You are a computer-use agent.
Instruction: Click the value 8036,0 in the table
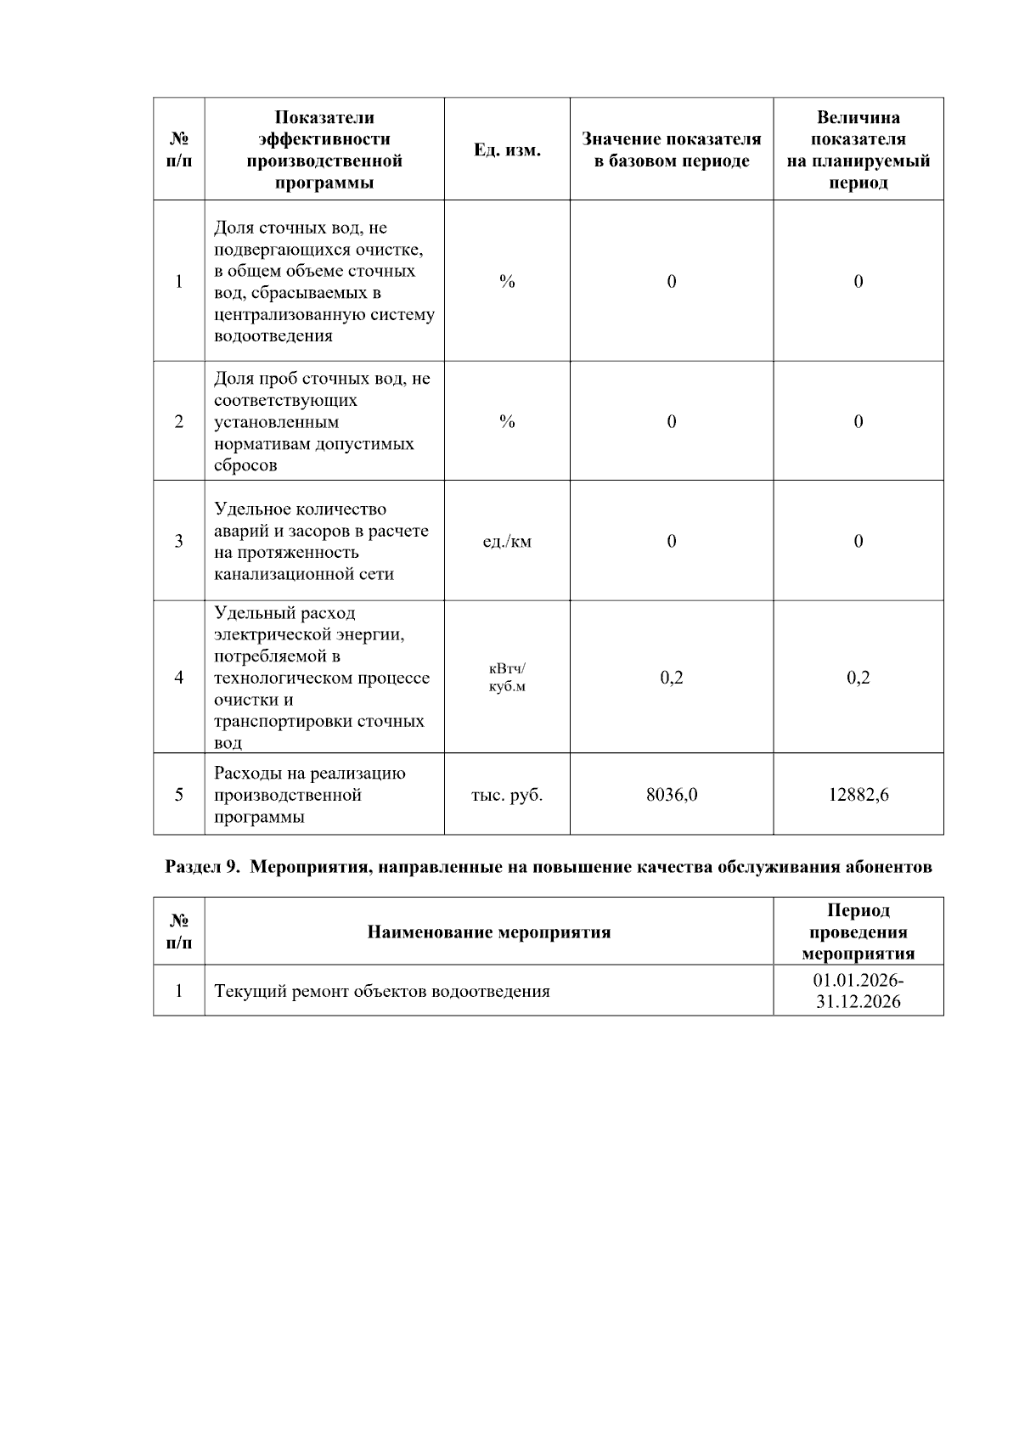(x=672, y=795)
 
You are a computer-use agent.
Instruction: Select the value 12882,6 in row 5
(x=859, y=795)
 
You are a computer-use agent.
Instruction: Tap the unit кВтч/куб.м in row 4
(x=507, y=678)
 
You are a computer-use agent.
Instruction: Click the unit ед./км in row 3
(x=507, y=542)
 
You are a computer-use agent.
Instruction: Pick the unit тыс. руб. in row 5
(x=507, y=795)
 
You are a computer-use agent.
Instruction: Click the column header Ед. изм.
(x=507, y=150)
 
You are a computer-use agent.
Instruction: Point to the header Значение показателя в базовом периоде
(x=672, y=150)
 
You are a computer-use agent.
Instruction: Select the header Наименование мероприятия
(x=488, y=932)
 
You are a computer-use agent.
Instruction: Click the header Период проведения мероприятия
(x=859, y=932)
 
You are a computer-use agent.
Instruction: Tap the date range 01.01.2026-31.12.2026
(x=859, y=990)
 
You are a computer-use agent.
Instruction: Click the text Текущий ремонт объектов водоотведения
(x=382, y=991)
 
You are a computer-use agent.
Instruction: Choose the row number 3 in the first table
(x=178, y=542)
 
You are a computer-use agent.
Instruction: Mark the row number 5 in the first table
(x=178, y=795)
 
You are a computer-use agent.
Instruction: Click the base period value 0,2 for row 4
(x=672, y=678)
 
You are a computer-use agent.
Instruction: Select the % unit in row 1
(x=507, y=282)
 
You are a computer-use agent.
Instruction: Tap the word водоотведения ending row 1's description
(x=273, y=336)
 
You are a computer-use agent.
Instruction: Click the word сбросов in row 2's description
(x=245, y=465)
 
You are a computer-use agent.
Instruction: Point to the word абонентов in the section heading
(x=889, y=867)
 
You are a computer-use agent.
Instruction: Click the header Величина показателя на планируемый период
(x=859, y=150)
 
